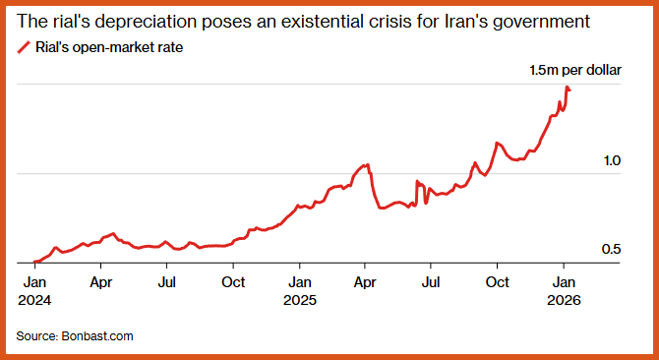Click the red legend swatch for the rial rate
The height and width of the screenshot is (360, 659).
[x=24, y=47]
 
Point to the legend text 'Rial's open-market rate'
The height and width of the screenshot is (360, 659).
[x=109, y=48]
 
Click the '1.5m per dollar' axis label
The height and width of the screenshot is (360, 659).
[x=575, y=71]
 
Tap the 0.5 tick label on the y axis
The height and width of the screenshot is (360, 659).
[x=611, y=250]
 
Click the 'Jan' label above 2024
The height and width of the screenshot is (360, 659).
[x=34, y=282]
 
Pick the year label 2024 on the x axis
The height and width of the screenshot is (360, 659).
[x=34, y=301]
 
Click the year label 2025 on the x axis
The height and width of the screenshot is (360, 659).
[x=299, y=301]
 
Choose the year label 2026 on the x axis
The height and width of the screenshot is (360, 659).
[x=564, y=301]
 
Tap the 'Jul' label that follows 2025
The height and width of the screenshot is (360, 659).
[x=431, y=282]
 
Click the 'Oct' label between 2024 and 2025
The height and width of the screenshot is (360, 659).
[x=233, y=282]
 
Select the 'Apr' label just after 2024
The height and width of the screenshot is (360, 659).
[x=101, y=282]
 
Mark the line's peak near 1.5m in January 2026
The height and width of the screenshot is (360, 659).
[x=567, y=88]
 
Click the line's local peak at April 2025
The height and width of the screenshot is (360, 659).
[x=368, y=164]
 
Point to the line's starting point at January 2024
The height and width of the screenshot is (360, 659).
[x=34, y=262]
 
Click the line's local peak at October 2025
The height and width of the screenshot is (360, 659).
[x=497, y=144]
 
